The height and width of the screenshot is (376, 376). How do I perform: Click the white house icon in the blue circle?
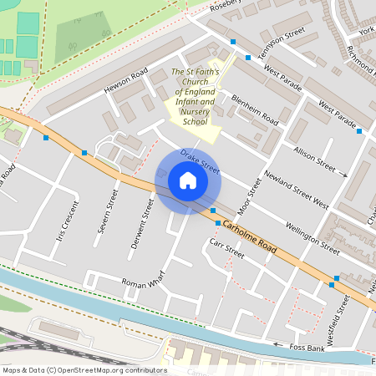(187, 180)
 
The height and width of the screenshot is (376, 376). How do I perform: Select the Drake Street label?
(200, 163)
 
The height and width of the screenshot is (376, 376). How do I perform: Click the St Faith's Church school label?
(195, 97)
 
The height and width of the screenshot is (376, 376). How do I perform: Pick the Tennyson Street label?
(282, 42)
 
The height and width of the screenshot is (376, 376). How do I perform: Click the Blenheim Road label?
(255, 110)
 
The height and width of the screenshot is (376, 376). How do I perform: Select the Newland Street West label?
(296, 191)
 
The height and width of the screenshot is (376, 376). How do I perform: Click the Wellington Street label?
(312, 236)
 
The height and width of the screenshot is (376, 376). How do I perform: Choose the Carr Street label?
(226, 246)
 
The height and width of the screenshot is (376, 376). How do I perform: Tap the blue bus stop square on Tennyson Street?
(248, 58)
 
